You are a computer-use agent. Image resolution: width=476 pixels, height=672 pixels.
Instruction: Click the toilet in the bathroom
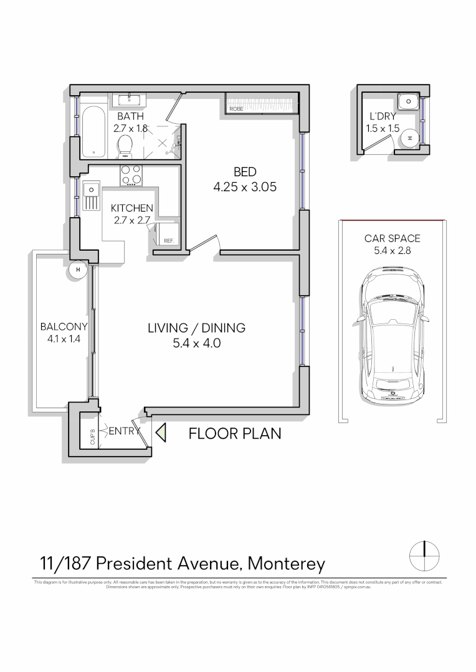click(x=125, y=146)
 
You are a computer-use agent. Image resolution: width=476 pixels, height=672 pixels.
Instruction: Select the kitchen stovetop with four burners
click(x=131, y=175)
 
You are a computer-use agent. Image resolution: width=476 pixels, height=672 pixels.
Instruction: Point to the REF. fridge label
click(x=168, y=241)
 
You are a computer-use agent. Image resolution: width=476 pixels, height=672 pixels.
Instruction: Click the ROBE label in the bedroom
click(x=236, y=109)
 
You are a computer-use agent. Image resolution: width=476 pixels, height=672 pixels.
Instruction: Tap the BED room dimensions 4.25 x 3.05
click(x=245, y=185)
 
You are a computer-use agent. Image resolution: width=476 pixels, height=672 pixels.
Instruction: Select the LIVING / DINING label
click(x=196, y=328)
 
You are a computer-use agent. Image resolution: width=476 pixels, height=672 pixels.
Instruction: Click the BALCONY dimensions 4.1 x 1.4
click(x=63, y=340)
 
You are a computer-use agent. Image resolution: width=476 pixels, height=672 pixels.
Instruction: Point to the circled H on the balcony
click(x=78, y=269)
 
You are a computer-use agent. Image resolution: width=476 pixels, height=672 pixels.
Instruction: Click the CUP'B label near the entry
click(x=92, y=437)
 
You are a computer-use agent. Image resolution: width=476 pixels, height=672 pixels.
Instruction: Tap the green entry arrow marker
click(x=161, y=432)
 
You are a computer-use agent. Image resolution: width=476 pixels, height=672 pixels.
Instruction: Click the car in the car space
click(x=392, y=336)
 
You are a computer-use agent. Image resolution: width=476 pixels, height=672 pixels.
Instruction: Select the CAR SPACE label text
click(x=392, y=238)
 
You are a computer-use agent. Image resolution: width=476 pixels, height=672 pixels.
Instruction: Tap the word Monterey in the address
click(x=287, y=564)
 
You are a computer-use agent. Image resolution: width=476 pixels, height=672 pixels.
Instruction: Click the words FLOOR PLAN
click(x=234, y=434)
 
